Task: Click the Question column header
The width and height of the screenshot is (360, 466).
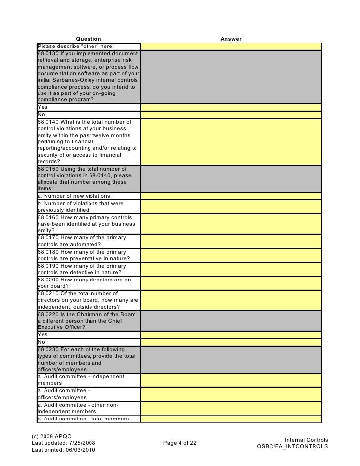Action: coord(89,39)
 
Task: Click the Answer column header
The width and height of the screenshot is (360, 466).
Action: coord(231,39)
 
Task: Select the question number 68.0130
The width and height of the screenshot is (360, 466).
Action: coord(47,53)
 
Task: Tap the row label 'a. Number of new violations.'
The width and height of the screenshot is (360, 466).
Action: coord(71,196)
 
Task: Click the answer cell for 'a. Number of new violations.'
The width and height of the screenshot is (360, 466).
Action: coord(231,196)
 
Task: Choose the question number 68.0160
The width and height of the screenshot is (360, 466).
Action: coord(47,217)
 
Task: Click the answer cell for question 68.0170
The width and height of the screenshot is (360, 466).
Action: coord(231,241)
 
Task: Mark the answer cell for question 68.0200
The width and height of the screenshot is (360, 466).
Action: coord(231,283)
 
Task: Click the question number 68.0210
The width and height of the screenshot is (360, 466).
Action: coord(47,293)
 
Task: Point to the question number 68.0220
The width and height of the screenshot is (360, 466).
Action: coord(47,314)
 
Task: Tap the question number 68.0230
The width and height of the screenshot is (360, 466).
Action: coord(47,349)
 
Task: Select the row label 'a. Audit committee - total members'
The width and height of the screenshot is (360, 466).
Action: coord(83,419)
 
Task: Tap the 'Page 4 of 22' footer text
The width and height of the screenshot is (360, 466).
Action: coord(180,443)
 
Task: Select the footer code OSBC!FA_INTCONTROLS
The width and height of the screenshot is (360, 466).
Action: coord(291,446)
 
